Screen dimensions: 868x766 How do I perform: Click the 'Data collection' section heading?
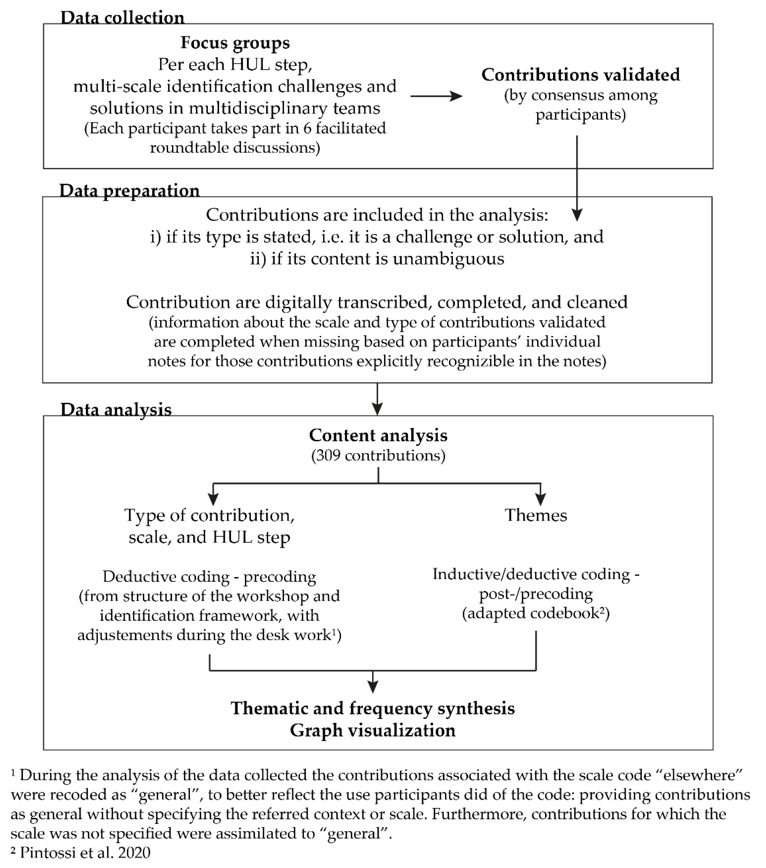(x=122, y=18)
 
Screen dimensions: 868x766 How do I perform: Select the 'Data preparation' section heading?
(x=129, y=191)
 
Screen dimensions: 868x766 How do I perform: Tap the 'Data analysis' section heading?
(x=116, y=410)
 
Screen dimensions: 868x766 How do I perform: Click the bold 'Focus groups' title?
(x=235, y=43)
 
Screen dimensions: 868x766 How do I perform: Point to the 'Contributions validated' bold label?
(x=580, y=75)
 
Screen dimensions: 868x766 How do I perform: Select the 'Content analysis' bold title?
(x=378, y=435)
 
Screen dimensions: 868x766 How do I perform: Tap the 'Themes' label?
(x=536, y=515)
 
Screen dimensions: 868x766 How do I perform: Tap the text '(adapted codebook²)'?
(x=536, y=613)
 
